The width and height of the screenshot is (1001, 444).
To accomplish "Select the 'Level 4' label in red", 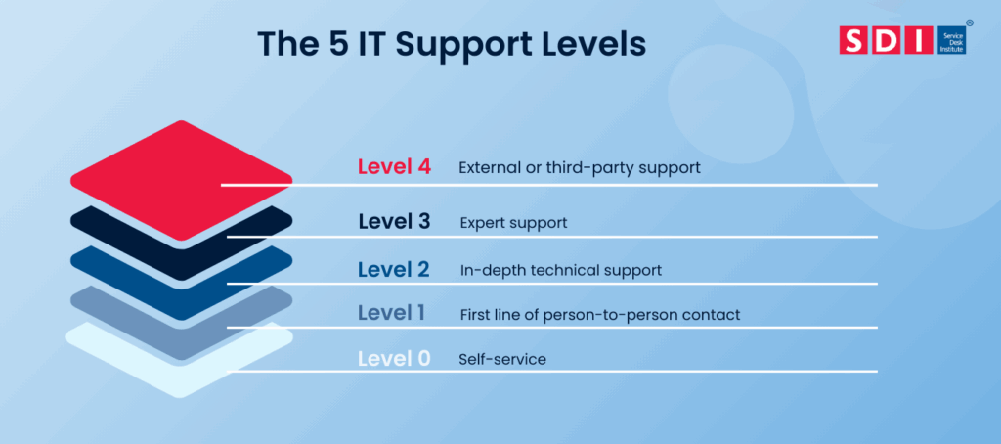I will click(x=394, y=167).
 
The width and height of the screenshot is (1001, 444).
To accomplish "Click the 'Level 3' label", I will click(x=394, y=222).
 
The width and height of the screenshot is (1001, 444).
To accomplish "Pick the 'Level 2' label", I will click(x=394, y=269).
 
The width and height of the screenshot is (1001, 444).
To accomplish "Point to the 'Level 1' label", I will click(x=391, y=314).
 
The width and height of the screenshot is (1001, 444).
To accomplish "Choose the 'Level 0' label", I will click(x=394, y=359).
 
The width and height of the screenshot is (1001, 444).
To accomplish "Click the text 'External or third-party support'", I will click(x=580, y=167).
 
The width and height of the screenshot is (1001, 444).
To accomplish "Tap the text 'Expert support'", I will click(x=513, y=223).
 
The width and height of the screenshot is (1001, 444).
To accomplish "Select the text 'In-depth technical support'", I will click(x=561, y=270).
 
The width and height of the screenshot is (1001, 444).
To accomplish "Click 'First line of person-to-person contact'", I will click(x=599, y=315).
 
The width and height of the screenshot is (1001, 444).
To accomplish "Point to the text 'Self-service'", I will click(x=502, y=360).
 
